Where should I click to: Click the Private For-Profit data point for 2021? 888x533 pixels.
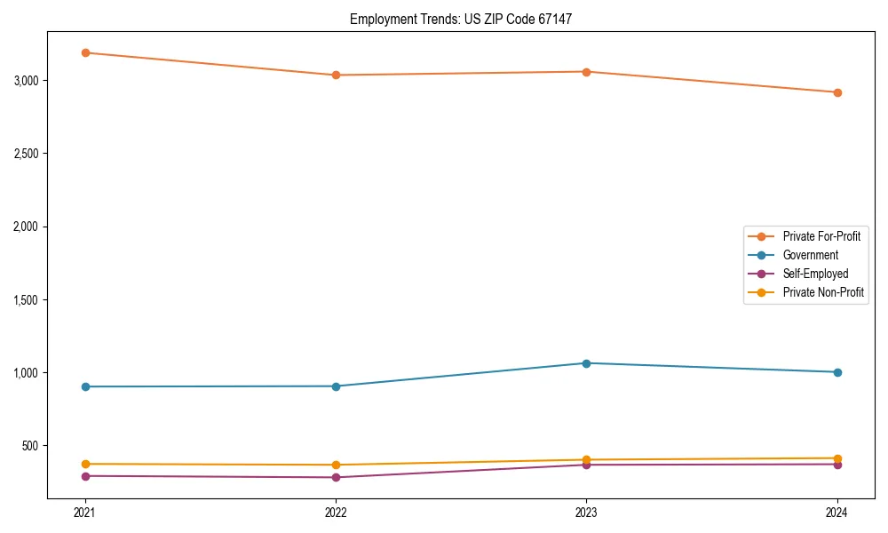click(x=85, y=52)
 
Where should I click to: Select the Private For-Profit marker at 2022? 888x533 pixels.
click(x=336, y=75)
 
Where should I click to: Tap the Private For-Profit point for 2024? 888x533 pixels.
click(x=837, y=92)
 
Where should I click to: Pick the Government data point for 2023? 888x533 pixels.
click(x=586, y=363)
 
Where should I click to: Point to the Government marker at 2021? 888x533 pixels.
click(x=85, y=386)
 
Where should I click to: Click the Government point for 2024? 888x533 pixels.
click(x=837, y=372)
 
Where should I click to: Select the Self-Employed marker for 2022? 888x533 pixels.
click(x=336, y=478)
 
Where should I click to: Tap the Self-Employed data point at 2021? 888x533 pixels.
click(x=85, y=476)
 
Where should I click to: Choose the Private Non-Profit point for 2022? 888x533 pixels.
click(x=336, y=465)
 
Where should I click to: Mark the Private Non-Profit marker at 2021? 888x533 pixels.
click(x=85, y=464)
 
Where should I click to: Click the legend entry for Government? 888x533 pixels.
click(x=810, y=255)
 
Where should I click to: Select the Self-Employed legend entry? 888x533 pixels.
click(x=815, y=274)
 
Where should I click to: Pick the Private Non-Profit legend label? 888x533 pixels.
click(x=823, y=292)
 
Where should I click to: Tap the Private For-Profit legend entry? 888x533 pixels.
click(x=821, y=236)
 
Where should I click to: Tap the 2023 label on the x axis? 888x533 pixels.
click(x=586, y=512)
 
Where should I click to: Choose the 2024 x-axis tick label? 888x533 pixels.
click(x=837, y=512)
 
